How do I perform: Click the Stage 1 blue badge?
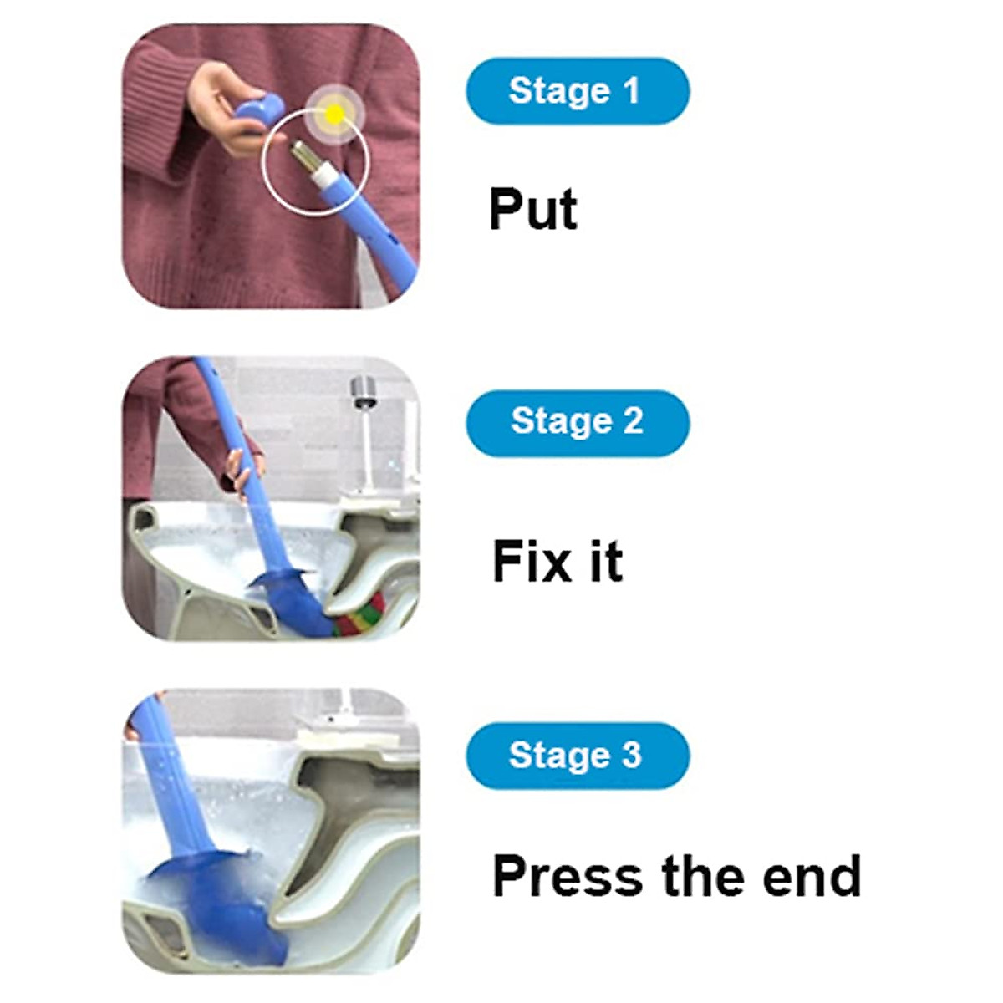(x=577, y=90)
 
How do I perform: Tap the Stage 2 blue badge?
(x=577, y=422)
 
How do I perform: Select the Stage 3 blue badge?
(x=577, y=755)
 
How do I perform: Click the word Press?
(x=568, y=876)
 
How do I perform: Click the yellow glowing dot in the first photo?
(x=334, y=114)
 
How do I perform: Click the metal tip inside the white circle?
(x=303, y=156)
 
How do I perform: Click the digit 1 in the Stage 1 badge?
(x=630, y=90)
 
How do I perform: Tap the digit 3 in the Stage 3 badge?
(x=631, y=755)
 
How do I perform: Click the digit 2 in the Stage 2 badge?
(x=633, y=422)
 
